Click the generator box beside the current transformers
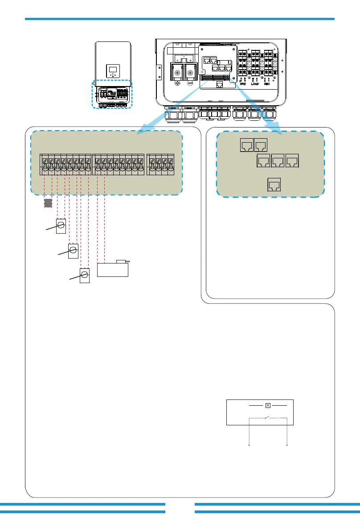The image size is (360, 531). pos(113,270)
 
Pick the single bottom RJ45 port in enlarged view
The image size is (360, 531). pos(273,185)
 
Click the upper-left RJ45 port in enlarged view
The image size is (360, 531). pos(246,144)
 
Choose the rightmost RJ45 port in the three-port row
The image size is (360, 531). pos(292,161)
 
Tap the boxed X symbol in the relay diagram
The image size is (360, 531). pos(268,405)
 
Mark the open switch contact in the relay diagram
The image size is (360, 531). pos(268,417)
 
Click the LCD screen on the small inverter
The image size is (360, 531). pos(113,69)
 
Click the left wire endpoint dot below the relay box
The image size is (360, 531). pos(248,445)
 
